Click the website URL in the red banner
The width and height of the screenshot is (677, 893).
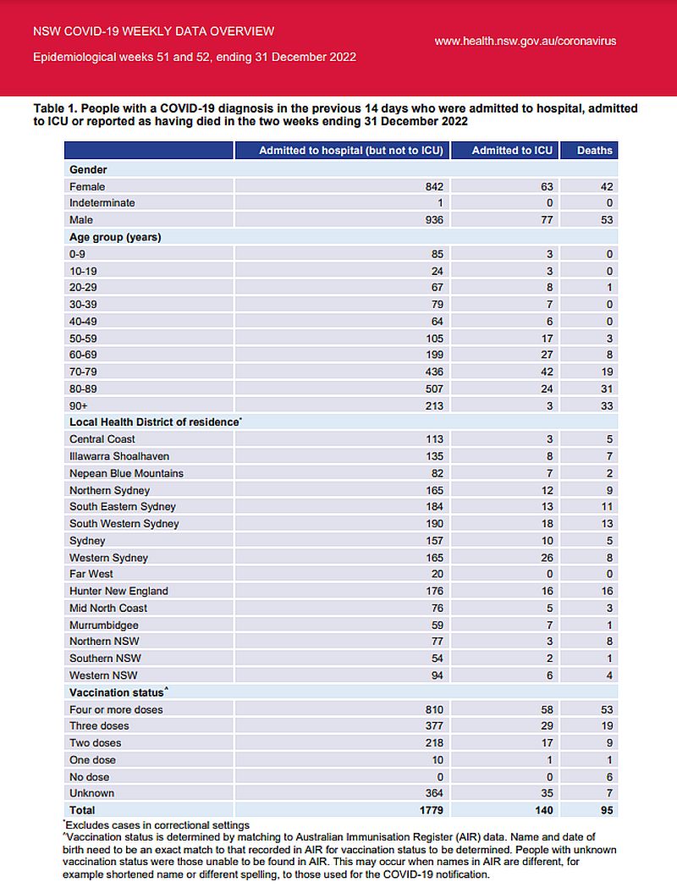pos(525,41)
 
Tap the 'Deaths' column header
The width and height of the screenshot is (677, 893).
pos(595,150)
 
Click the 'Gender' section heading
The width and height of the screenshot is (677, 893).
pos(87,169)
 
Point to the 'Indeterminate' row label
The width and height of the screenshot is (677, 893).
pos(102,203)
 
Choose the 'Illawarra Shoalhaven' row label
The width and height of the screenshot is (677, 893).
pos(118,455)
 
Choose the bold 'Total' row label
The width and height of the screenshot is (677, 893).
pos(83,810)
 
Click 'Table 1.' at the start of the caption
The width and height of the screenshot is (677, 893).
pos(55,109)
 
